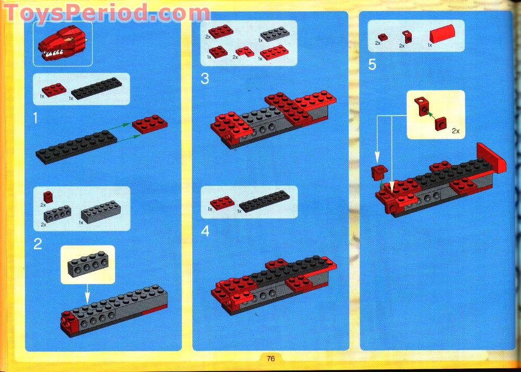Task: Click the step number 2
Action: (37, 245)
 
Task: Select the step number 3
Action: (205, 79)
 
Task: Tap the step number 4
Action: (205, 232)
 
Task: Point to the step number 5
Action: (372, 65)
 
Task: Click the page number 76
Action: (270, 358)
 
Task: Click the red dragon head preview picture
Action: (63, 43)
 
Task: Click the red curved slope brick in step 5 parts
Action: (442, 34)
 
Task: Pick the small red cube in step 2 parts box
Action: (48, 197)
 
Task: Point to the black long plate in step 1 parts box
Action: (96, 88)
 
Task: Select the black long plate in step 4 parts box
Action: (264, 201)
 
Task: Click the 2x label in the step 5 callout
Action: (455, 131)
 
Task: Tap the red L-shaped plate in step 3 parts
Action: (245, 52)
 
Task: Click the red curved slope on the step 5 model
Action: (491, 159)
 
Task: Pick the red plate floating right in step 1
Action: (150, 124)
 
